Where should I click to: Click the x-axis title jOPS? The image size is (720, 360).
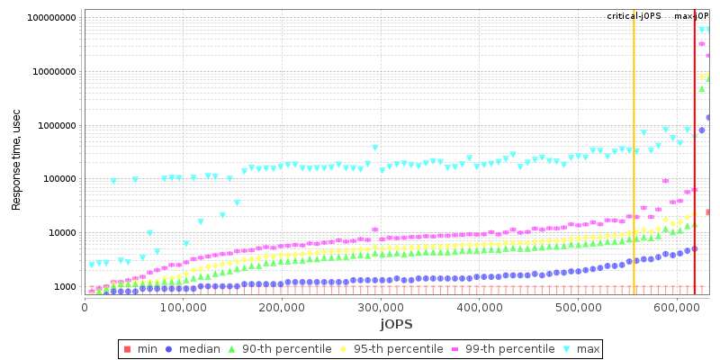(396, 323)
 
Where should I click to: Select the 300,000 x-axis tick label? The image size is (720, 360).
(282, 308)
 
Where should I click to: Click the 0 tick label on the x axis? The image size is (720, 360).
(85, 308)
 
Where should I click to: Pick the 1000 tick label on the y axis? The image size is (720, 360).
(64, 287)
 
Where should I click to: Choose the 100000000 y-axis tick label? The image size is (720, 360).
(51, 18)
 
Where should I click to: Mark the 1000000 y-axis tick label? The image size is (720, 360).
(57, 126)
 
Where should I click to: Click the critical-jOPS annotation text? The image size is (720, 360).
(634, 16)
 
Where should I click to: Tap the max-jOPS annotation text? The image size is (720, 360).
(691, 16)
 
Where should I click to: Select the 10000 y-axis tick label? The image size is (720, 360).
(61, 233)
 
